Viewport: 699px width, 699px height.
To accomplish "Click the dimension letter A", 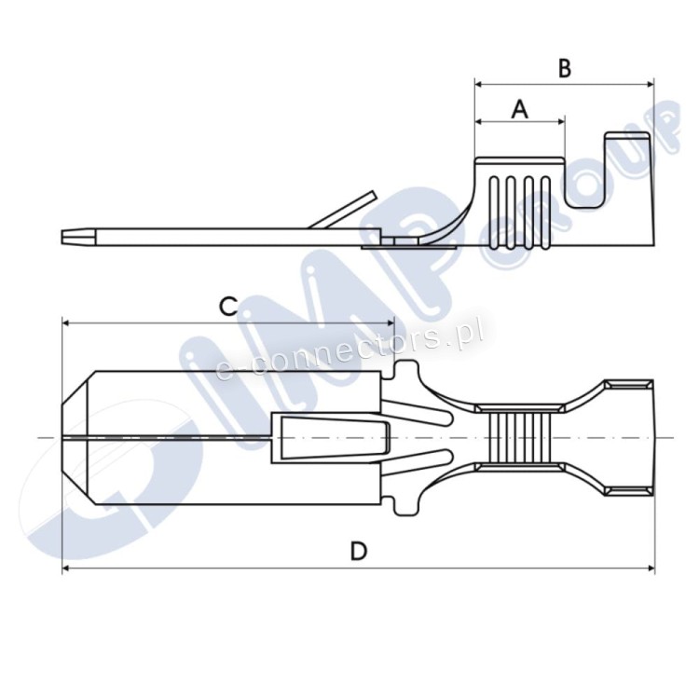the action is coord(519,110).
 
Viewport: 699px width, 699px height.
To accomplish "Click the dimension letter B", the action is coord(565,70).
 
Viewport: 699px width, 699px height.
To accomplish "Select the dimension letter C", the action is coord(227,307).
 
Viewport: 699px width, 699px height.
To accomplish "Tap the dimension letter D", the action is coord(359,551).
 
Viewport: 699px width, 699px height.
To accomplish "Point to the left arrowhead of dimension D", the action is coord(66,568).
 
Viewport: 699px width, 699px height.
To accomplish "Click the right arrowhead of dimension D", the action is coord(650,568).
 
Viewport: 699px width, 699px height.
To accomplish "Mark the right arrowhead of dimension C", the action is coord(391,323).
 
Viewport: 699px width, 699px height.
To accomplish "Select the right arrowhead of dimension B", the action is coord(649,83).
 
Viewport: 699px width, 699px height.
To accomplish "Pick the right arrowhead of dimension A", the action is coord(560,121).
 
